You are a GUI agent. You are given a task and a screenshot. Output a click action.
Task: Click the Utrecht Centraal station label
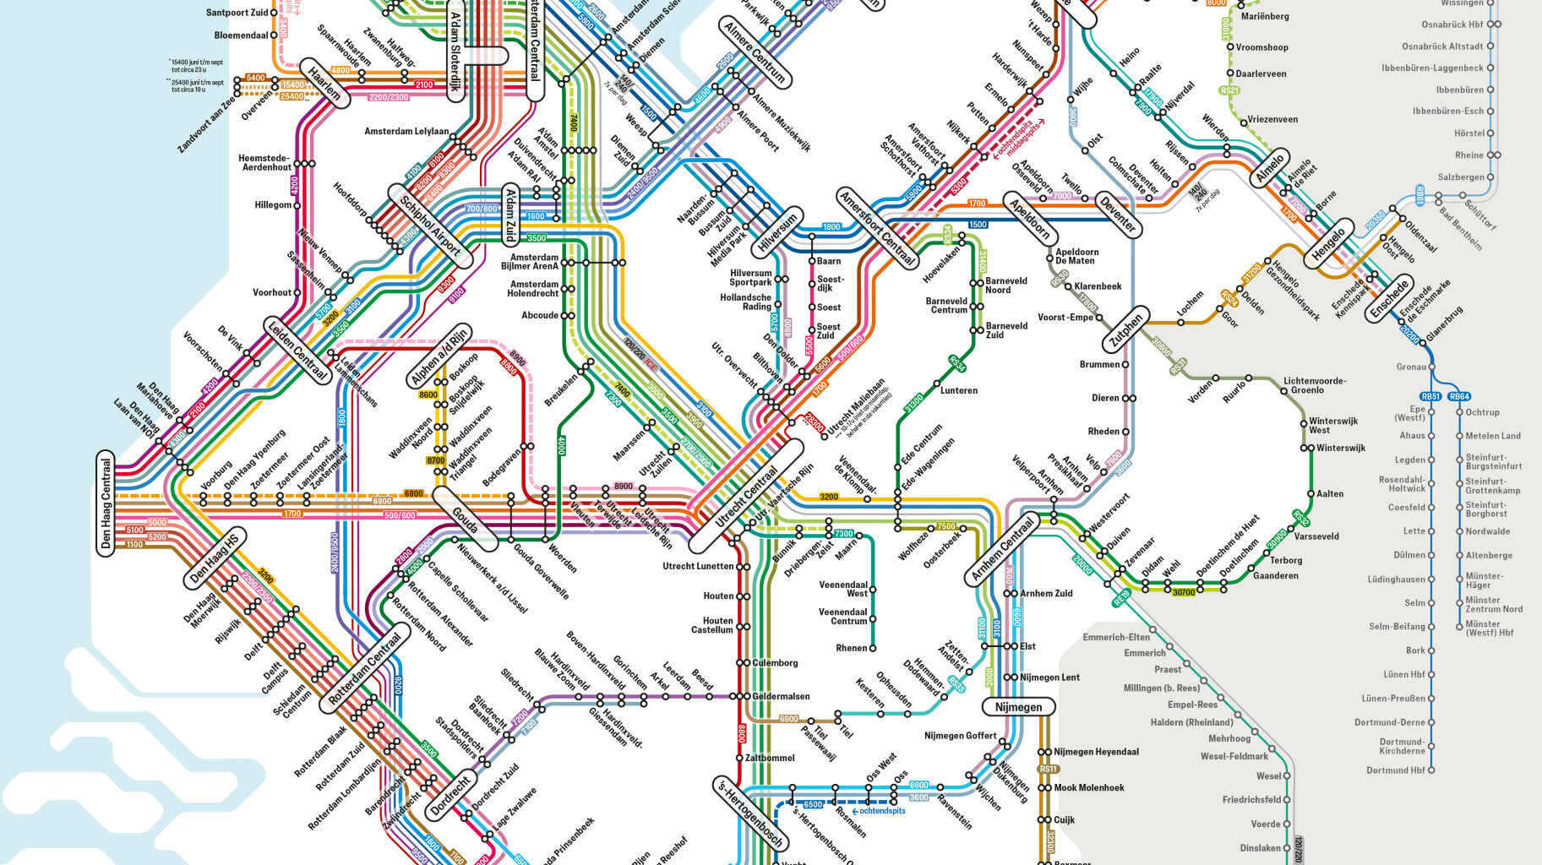746,497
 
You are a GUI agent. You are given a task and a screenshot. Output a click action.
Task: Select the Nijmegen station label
1018,707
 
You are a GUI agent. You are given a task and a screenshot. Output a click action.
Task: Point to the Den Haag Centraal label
106,502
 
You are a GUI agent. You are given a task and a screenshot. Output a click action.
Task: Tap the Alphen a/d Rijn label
439,356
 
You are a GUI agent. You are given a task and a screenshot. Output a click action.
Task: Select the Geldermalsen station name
781,697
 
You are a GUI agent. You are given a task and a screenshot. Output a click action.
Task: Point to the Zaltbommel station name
770,759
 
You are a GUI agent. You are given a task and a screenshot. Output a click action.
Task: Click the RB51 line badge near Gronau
1430,396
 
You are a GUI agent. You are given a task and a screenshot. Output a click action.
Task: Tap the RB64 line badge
1459,396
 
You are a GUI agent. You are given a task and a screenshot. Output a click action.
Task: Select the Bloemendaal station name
241,35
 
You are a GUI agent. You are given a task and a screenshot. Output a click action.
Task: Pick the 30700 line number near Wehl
1184,593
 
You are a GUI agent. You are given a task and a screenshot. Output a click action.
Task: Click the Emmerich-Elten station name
1116,637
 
